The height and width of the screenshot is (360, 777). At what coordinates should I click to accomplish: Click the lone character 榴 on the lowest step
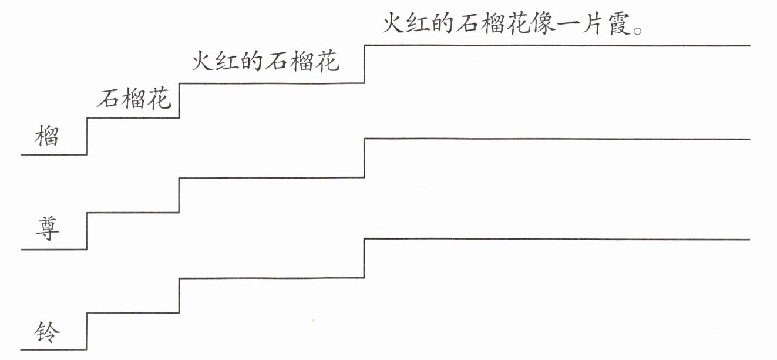[x=47, y=136]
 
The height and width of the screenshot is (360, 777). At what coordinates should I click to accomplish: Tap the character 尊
[x=48, y=228]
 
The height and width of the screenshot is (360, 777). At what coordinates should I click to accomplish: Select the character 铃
[x=47, y=332]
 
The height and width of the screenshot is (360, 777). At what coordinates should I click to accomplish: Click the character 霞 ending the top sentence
[x=620, y=23]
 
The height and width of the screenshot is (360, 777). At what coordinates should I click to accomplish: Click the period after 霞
[x=638, y=31]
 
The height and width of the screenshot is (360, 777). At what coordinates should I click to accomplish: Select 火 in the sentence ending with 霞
[x=395, y=23]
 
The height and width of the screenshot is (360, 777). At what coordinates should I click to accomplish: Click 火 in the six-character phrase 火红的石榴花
[x=203, y=61]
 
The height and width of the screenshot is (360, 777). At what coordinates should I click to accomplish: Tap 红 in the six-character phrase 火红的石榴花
[x=227, y=61]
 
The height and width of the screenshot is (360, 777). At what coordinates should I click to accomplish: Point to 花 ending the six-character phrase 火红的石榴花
[x=327, y=61]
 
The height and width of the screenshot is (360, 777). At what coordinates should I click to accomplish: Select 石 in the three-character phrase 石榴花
[x=108, y=98]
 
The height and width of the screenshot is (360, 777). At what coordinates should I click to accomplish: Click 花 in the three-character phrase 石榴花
[x=159, y=98]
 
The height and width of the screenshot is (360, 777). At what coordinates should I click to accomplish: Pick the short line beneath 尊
[x=53, y=249]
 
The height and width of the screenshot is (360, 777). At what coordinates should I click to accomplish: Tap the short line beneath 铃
[x=53, y=349]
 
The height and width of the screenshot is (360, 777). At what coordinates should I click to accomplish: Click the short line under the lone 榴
[x=53, y=154]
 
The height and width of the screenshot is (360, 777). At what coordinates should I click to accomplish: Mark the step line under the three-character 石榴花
[x=133, y=118]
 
